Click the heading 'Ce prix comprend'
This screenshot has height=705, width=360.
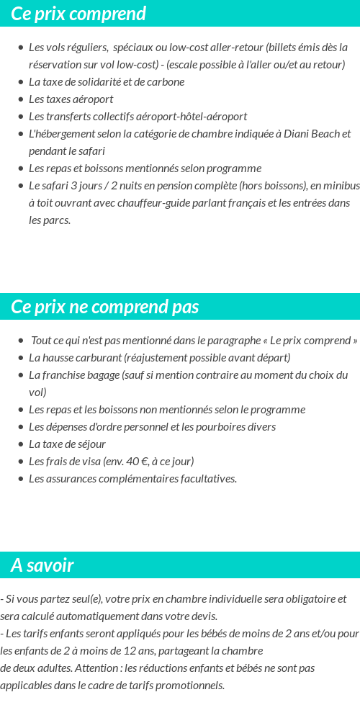point(78,14)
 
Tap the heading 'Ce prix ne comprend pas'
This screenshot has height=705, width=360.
point(104,307)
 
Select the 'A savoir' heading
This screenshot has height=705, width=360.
point(42,565)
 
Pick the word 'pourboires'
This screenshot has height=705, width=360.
point(225,427)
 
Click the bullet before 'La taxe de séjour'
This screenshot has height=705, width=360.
point(20,444)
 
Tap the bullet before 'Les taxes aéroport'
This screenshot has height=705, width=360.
point(20,99)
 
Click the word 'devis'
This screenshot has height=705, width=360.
point(202,616)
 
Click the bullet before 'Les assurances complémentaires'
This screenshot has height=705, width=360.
point(20,479)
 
